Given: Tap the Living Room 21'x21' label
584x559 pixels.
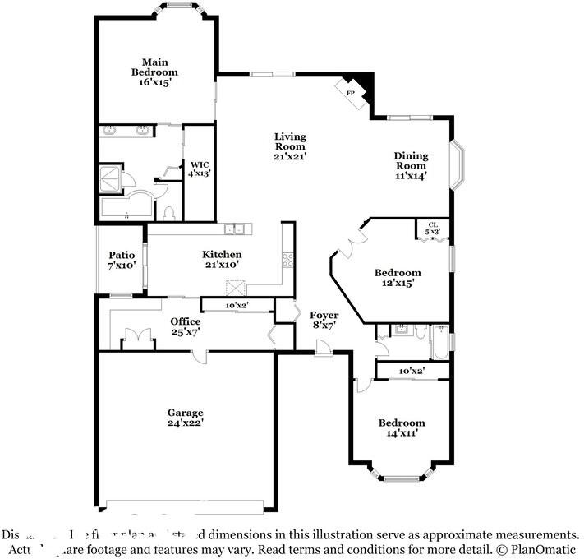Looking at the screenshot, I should [290, 146].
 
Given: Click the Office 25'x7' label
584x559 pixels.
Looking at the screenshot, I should [185, 326].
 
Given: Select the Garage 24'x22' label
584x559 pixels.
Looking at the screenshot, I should [185, 418].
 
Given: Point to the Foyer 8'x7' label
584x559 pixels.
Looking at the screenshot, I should [324, 321].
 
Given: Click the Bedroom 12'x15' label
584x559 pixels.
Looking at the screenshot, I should [398, 277].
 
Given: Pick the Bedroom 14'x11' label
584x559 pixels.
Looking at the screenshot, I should [401, 427].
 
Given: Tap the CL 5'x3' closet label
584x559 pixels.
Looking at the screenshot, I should [433, 229].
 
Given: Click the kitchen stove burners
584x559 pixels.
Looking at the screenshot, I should [288, 261].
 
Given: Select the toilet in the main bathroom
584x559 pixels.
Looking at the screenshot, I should [169, 213].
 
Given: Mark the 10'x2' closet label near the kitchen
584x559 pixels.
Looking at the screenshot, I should [237, 306].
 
